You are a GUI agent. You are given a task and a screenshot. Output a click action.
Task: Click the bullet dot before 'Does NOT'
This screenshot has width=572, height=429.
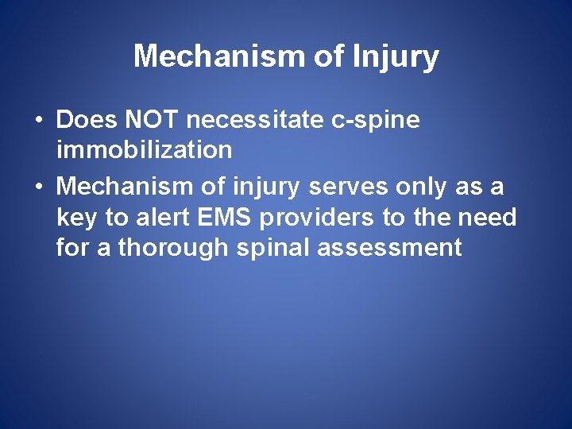point(38,122)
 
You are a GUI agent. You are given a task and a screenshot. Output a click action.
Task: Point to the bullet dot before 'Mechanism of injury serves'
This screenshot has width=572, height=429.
point(38,187)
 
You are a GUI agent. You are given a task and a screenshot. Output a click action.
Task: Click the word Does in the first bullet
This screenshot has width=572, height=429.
point(87,121)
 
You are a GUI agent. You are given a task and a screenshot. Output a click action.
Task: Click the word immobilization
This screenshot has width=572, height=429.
point(144,149)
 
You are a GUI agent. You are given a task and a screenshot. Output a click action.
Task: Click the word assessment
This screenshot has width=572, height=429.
point(389,247)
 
